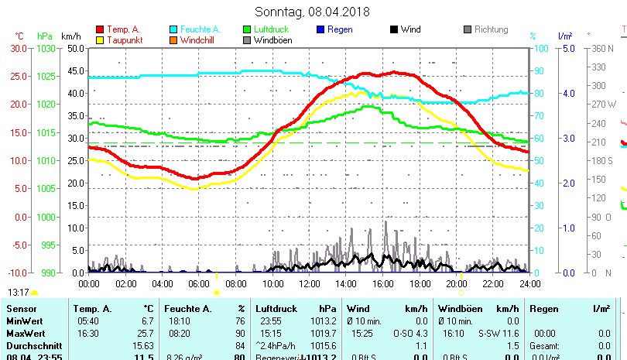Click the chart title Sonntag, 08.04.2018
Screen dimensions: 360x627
click(313, 12)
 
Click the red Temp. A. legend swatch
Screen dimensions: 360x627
click(99, 30)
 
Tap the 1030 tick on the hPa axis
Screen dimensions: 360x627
click(46, 48)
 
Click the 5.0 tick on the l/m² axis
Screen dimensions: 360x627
click(566, 48)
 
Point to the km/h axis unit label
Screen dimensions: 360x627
click(70, 36)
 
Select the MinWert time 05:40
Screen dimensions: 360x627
click(87, 321)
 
